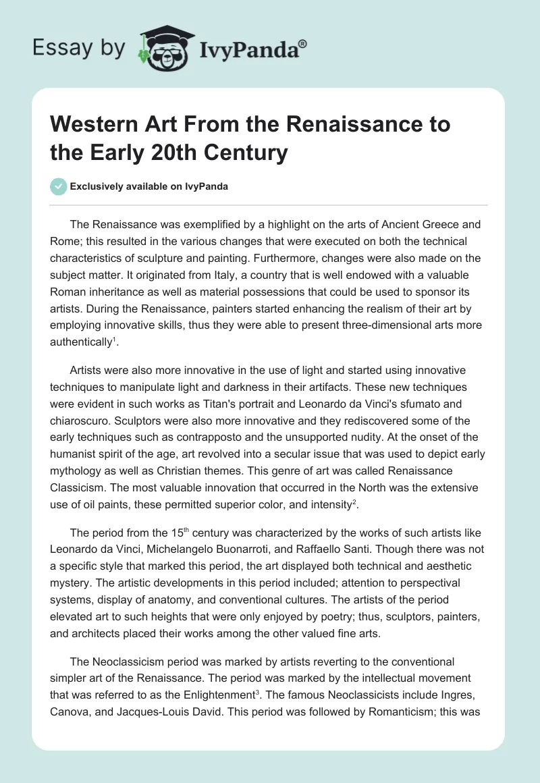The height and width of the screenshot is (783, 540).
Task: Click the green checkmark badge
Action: point(59,186)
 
